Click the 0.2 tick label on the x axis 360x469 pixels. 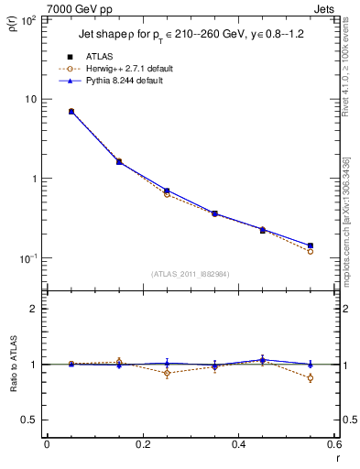click(x=143, y=446)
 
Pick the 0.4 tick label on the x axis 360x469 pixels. click(x=238, y=446)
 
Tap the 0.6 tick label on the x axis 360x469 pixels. click(x=333, y=446)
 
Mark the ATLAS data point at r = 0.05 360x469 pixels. click(x=71, y=111)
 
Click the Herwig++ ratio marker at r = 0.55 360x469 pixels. click(x=311, y=377)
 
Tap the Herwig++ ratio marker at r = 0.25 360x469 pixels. click(x=167, y=373)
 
